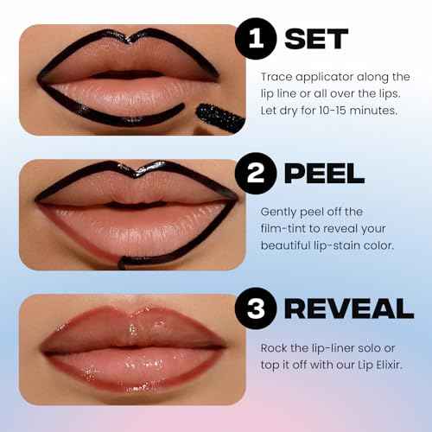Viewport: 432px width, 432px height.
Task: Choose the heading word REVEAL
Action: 350,309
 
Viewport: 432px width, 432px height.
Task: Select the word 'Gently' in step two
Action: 280,211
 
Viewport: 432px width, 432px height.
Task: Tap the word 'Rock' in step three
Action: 275,346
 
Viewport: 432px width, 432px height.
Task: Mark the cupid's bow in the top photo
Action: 118,42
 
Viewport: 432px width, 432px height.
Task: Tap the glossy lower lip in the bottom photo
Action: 121,367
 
